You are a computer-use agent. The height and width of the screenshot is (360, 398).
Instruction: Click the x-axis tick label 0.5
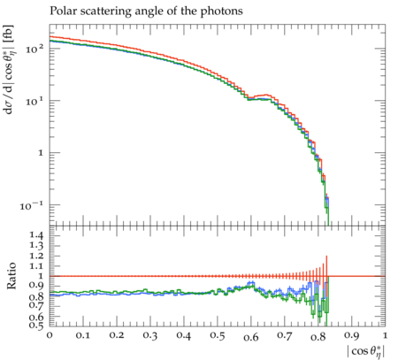[218, 336]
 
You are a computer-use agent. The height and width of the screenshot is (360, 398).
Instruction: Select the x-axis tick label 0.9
[352, 336]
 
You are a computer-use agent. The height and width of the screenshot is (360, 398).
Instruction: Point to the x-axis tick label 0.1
[82, 335]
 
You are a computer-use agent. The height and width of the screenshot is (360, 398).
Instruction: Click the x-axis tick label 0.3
[150, 336]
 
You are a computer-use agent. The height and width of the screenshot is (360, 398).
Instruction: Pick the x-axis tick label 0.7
[285, 336]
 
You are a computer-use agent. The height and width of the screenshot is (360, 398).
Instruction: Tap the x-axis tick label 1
[385, 335]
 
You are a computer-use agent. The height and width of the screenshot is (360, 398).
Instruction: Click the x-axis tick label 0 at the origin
[50, 335]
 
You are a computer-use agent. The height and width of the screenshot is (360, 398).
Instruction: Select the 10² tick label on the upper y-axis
[34, 49]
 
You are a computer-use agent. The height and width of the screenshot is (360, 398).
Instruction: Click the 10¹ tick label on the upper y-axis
[34, 101]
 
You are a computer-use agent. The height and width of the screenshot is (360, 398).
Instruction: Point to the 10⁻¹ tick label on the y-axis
[32, 205]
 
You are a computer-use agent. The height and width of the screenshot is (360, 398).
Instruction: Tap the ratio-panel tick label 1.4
[36, 235]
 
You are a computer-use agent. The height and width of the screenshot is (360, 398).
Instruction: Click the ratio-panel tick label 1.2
[36, 256]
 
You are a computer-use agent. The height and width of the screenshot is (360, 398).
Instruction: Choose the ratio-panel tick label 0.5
[36, 326]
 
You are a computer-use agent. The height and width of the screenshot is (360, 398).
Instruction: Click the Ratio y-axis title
[11, 276]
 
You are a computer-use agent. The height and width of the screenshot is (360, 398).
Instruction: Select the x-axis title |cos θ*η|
[366, 352]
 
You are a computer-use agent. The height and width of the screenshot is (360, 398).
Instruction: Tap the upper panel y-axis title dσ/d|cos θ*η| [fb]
[10, 70]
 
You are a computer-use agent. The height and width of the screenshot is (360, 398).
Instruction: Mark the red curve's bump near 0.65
[267, 95]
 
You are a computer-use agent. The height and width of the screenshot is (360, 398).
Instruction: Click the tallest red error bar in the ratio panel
[326, 277]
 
